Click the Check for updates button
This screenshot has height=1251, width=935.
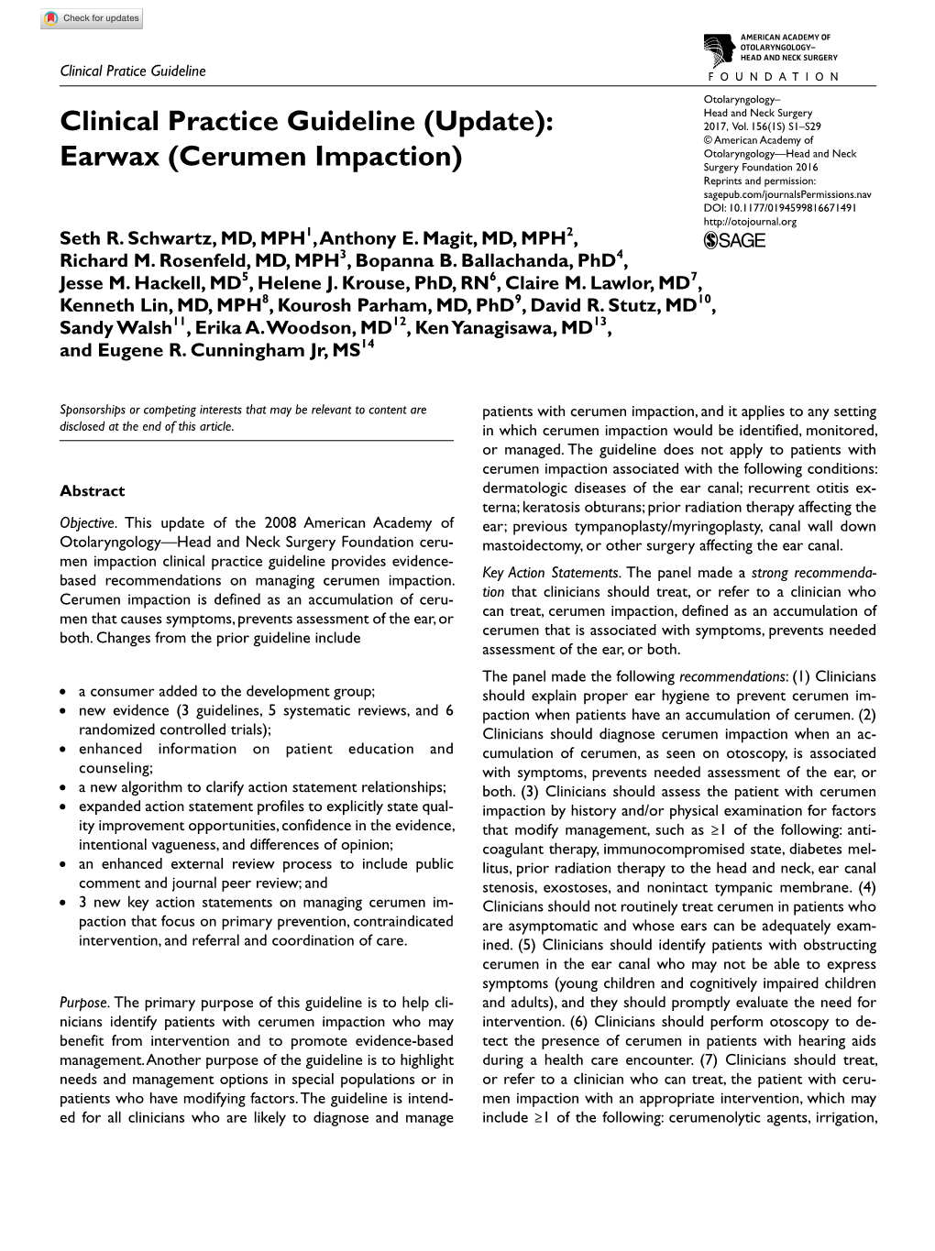click(x=91, y=18)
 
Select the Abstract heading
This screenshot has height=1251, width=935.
click(x=92, y=490)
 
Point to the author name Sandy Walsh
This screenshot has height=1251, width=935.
click(x=115, y=327)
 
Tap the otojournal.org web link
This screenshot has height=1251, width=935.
click(x=750, y=221)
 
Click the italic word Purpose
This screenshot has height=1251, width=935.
click(x=84, y=1003)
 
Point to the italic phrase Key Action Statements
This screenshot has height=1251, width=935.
click(x=539, y=573)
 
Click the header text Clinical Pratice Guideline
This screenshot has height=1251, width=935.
click(x=133, y=71)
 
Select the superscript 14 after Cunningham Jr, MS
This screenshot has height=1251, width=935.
click(x=368, y=345)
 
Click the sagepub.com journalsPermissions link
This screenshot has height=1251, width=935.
click(x=786, y=194)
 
